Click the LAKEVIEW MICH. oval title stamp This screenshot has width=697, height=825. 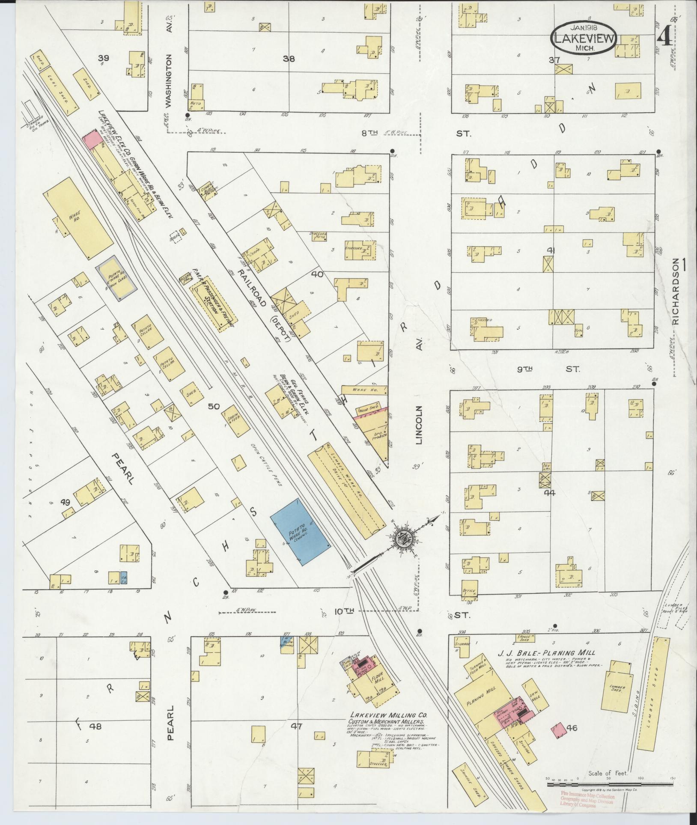(584, 38)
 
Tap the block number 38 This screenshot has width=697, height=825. (289, 59)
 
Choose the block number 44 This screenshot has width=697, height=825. (550, 493)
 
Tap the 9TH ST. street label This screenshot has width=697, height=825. (548, 369)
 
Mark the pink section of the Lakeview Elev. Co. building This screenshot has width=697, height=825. (91, 140)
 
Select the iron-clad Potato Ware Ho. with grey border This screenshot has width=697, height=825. (117, 277)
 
